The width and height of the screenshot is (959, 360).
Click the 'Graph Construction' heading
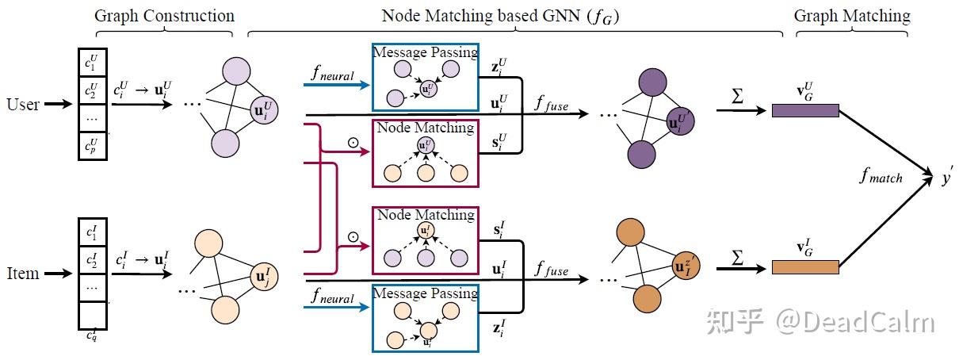click(x=164, y=16)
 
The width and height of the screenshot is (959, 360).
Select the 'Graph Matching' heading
click(x=852, y=16)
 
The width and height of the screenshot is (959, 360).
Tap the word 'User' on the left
click(x=23, y=104)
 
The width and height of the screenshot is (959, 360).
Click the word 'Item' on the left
click(x=23, y=274)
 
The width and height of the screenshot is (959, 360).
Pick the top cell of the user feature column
click(x=91, y=61)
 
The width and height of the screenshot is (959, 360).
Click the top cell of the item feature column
click(x=91, y=233)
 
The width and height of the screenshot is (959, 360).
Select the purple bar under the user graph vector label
click(x=804, y=111)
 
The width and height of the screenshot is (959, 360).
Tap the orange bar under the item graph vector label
click(x=804, y=267)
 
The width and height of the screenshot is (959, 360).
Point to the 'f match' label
click(x=881, y=177)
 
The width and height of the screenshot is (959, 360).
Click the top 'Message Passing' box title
click(x=425, y=52)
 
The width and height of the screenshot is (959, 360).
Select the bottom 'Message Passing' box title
click(x=425, y=293)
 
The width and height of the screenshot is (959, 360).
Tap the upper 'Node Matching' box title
click(x=425, y=128)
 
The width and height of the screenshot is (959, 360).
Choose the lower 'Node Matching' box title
click(x=425, y=215)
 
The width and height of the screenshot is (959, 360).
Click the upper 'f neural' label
click(x=333, y=76)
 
